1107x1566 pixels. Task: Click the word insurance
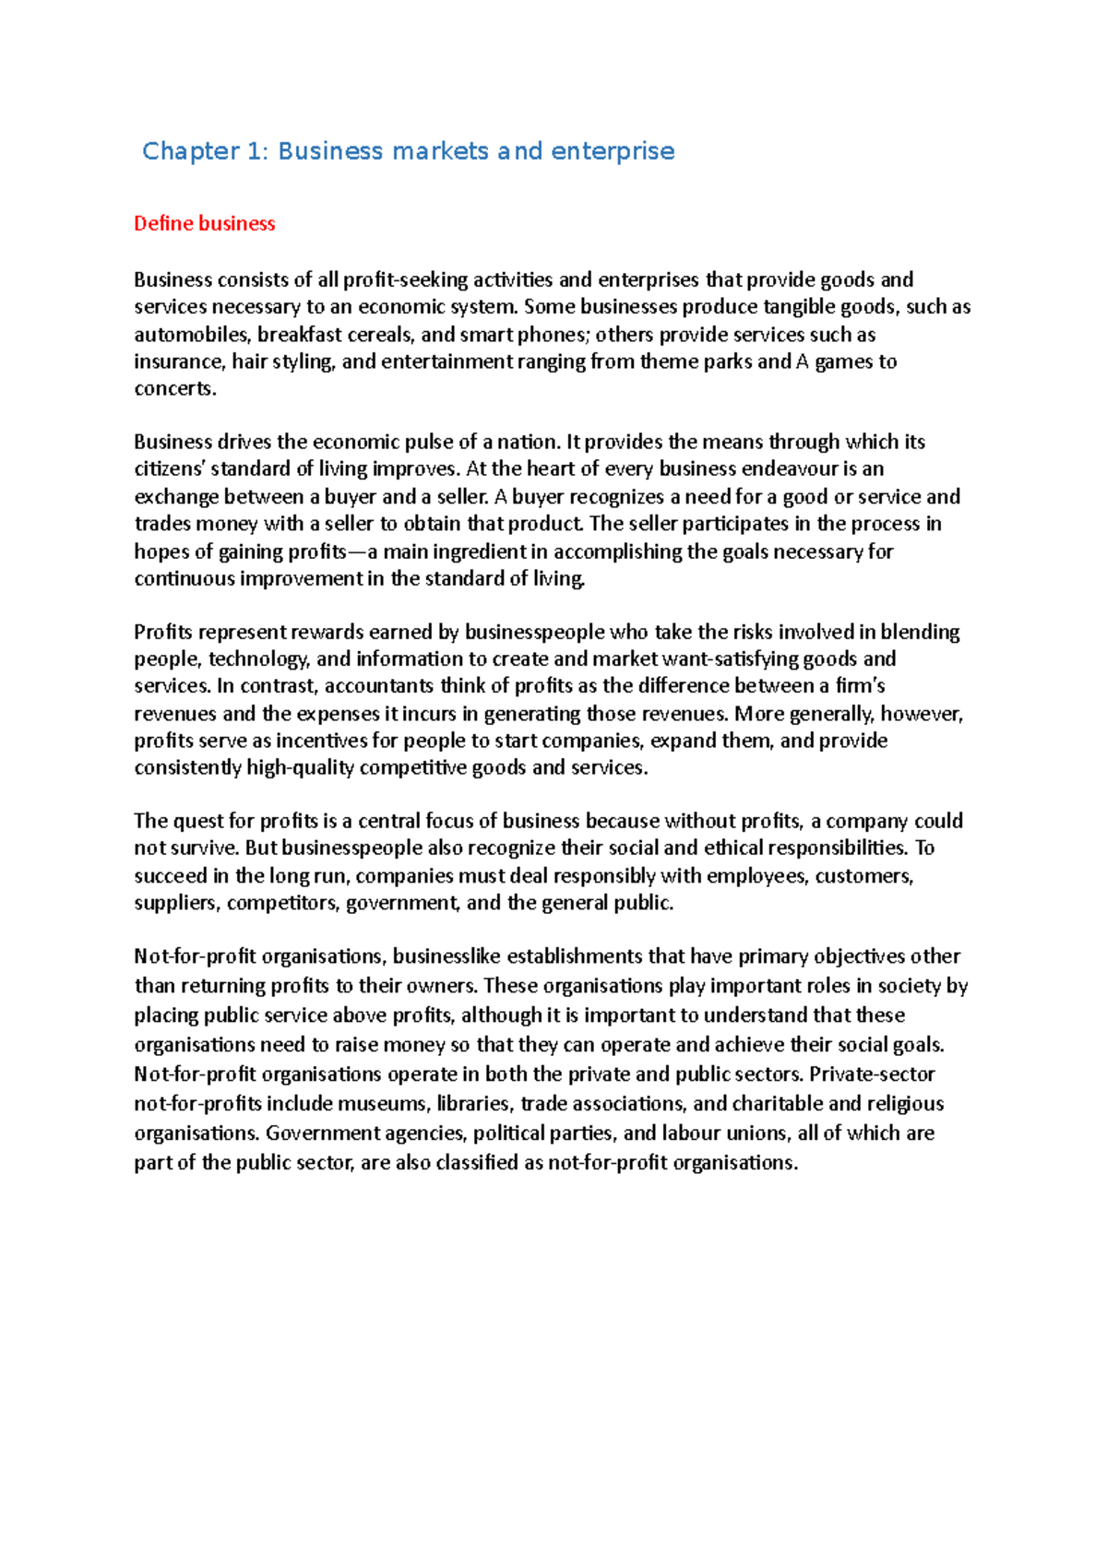(179, 362)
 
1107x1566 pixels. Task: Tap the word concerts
(174, 388)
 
